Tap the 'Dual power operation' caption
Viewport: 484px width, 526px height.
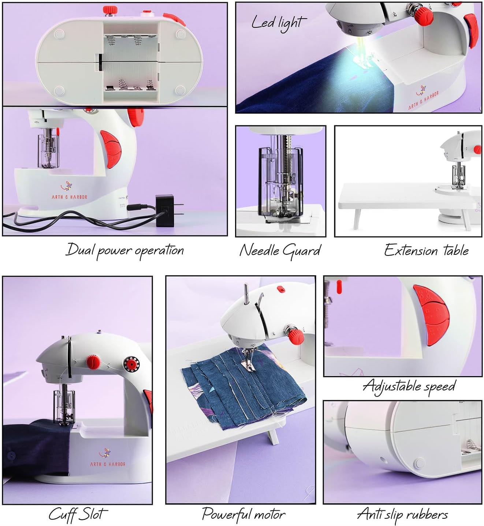click(124, 251)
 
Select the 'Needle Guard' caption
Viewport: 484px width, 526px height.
click(280, 251)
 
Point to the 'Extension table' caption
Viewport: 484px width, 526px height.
click(426, 251)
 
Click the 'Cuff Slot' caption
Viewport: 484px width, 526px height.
click(78, 514)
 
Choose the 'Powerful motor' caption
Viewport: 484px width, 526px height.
click(243, 514)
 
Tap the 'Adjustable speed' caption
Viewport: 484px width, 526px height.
click(409, 386)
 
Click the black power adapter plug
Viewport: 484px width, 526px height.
click(165, 208)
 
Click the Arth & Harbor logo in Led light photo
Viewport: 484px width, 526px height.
click(423, 97)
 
